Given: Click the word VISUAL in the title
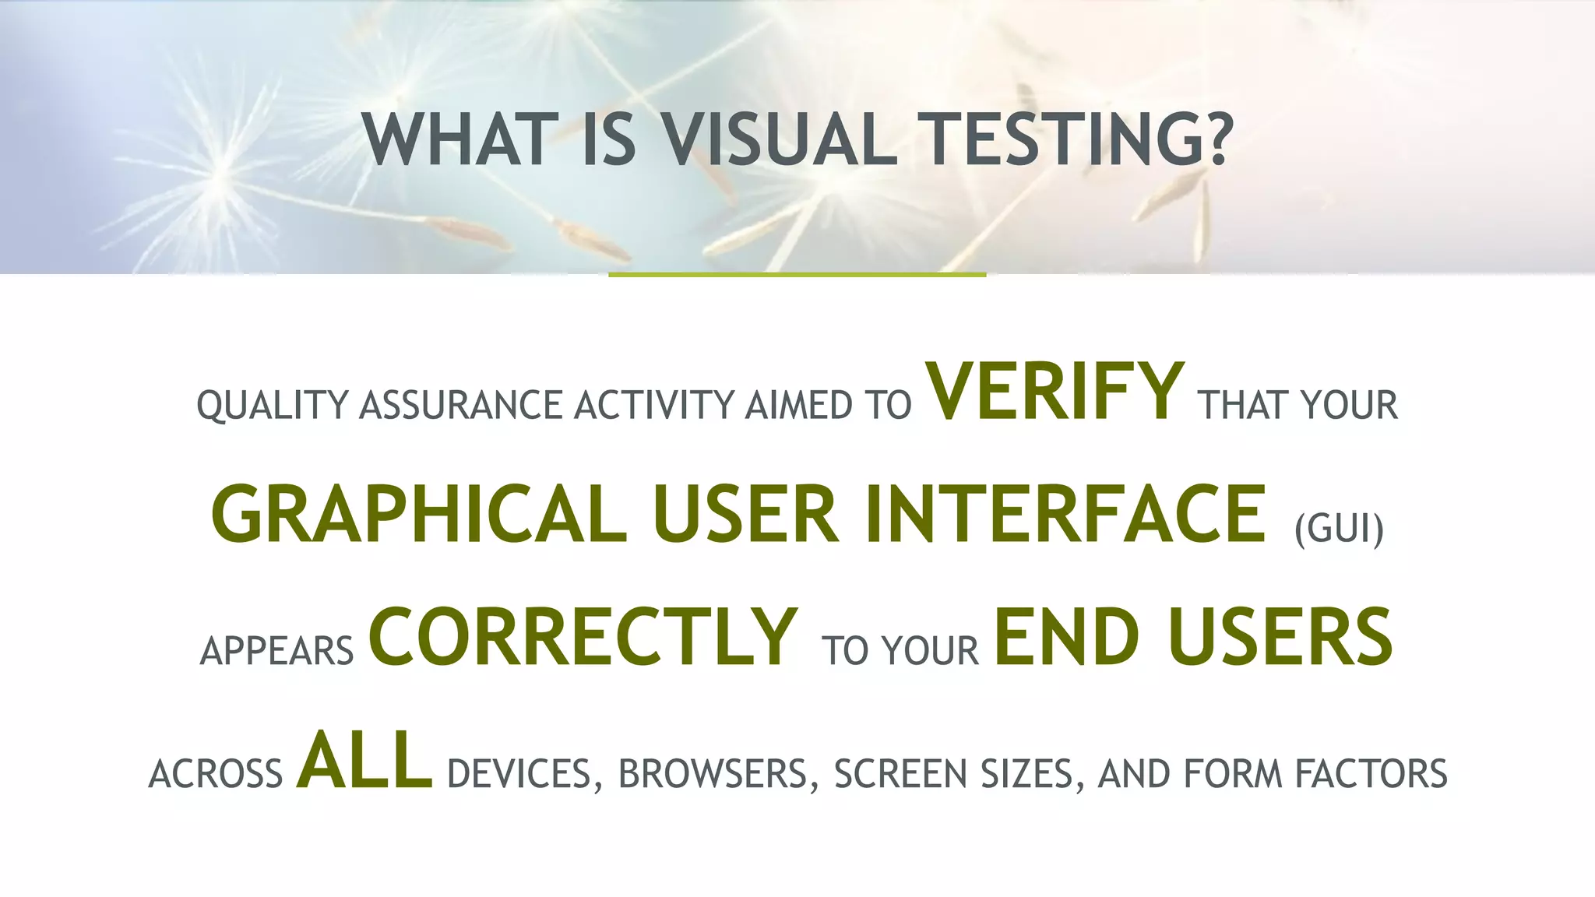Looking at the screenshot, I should [x=779, y=140].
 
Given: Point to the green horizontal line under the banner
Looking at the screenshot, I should [x=797, y=275].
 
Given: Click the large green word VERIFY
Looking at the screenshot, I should [x=1055, y=392].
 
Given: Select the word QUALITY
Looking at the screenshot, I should [x=272, y=406].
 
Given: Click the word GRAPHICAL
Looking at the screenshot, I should [x=419, y=515].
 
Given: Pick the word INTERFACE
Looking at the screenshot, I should [x=1065, y=515].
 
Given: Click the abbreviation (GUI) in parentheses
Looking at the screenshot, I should [x=1339, y=529].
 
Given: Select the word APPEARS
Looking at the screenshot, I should [x=277, y=651].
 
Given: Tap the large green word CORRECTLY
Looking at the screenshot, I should [x=583, y=638].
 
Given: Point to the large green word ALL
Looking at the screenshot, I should [x=364, y=761].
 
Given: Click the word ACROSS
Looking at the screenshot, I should [x=216, y=774].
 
